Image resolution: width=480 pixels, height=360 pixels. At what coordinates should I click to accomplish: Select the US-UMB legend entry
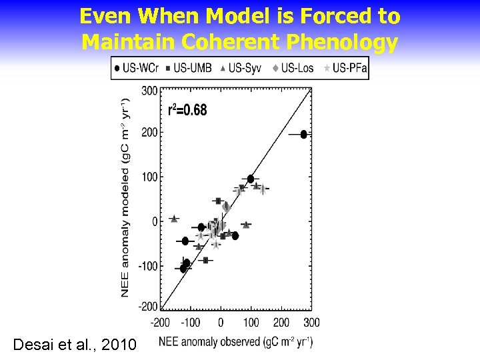coord(189,68)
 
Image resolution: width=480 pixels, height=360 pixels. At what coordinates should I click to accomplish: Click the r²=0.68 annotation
coord(187,110)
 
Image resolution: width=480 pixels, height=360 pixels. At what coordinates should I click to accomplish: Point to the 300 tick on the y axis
coord(149,90)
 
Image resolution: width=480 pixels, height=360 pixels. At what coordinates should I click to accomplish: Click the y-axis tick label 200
coord(149,133)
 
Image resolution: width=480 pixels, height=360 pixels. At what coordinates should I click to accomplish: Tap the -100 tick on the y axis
coord(147,266)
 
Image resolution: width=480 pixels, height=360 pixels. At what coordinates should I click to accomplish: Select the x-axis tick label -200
coord(160,323)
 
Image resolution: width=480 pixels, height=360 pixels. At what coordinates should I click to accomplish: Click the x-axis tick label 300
coord(311,323)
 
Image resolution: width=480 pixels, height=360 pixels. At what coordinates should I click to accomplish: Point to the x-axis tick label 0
coord(221,323)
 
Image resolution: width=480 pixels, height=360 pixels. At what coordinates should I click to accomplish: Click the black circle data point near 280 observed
coord(304,134)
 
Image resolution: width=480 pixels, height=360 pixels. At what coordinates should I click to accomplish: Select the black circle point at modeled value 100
coord(251,179)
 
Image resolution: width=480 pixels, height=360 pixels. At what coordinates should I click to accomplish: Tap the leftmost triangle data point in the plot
coord(175,219)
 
